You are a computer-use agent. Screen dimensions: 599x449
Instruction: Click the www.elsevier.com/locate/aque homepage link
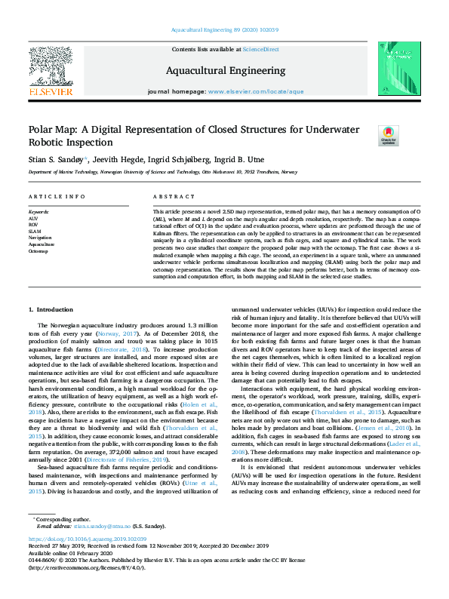point(256,91)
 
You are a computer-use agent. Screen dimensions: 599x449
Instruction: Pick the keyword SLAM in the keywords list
point(35,232)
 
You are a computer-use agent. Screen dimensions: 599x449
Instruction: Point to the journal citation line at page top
point(224,30)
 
